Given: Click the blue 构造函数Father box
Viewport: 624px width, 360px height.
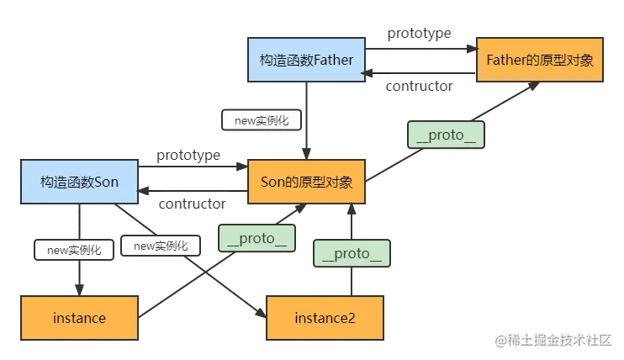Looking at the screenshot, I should (306, 59).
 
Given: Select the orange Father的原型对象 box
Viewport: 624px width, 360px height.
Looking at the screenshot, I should (540, 59).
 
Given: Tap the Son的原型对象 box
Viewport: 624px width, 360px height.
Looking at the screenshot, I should (306, 182).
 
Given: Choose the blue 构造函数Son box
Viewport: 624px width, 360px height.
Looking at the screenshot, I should (80, 182).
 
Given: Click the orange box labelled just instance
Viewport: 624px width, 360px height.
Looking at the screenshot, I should (79, 318).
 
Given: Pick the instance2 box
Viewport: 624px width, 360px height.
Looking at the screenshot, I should (325, 318).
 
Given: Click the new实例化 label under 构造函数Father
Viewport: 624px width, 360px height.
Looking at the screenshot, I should (262, 120).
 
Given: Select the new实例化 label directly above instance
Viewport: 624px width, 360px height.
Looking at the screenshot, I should (74, 250).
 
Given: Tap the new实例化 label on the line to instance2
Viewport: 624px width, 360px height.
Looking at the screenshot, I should (161, 246).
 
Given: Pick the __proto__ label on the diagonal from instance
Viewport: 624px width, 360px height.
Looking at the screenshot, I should (256, 238).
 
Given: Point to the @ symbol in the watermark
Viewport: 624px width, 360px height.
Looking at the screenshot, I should (500, 341).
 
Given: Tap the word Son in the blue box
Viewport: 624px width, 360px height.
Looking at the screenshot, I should (106, 182).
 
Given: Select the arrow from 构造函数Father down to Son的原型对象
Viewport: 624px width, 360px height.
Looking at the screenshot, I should (306, 139).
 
